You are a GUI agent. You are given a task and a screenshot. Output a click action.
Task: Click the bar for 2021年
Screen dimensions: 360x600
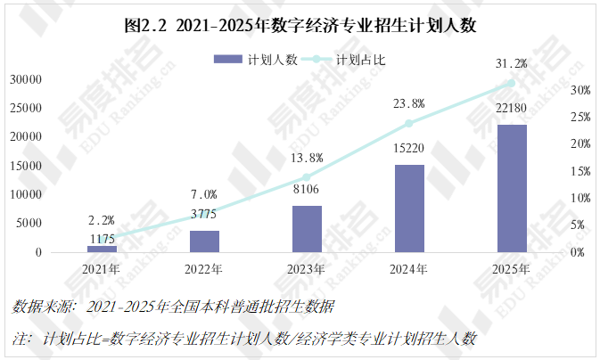(102, 248)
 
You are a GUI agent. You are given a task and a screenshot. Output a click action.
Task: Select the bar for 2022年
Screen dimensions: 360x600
(204, 241)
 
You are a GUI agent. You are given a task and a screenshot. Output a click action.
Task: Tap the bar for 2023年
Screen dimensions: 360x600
(307, 229)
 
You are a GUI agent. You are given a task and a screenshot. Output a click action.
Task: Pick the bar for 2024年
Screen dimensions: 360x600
(409, 209)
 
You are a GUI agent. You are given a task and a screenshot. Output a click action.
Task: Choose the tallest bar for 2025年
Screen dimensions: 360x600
(512, 188)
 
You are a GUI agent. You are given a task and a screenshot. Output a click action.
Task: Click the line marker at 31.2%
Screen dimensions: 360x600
(511, 84)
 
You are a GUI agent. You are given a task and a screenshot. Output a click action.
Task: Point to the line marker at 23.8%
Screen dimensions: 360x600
(409, 123)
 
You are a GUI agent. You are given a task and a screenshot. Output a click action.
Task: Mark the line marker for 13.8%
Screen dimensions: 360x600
(307, 177)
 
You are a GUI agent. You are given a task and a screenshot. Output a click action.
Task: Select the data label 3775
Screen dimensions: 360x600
(204, 213)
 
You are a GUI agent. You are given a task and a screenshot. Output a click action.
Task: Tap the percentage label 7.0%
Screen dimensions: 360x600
(204, 194)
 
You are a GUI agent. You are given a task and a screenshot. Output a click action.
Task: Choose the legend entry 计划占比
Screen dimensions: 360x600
(348, 60)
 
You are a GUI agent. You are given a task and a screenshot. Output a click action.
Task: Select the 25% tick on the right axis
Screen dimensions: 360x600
(580, 117)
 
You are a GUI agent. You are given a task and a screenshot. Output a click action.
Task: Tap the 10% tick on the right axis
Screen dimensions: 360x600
(580, 198)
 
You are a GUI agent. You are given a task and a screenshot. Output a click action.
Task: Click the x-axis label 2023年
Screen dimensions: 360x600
(307, 268)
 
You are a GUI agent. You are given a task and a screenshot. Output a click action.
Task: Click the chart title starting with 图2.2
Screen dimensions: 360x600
(300, 25)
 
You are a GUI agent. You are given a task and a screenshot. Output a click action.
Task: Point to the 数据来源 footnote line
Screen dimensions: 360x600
(174, 307)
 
